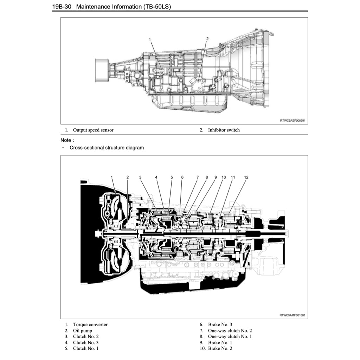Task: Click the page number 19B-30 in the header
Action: [x=62, y=7]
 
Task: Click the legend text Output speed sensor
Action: [x=93, y=130]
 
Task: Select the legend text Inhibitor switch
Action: [x=224, y=130]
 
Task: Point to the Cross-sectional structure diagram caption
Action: [x=107, y=148]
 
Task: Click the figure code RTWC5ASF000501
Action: [x=292, y=121]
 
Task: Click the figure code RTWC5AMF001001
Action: [x=292, y=315]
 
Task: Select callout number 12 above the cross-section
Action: [x=246, y=177]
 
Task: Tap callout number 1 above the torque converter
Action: [x=112, y=177]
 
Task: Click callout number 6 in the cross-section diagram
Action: [x=182, y=177]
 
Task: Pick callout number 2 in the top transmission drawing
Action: [x=207, y=39]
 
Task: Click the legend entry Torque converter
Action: [x=90, y=324]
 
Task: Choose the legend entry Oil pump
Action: [x=83, y=330]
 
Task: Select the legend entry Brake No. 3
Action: [x=220, y=324]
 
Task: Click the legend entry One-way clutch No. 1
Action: [x=230, y=336]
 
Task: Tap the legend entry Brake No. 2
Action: [x=220, y=348]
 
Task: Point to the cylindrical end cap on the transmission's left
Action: [x=102, y=70]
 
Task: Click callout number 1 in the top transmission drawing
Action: [x=150, y=40]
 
